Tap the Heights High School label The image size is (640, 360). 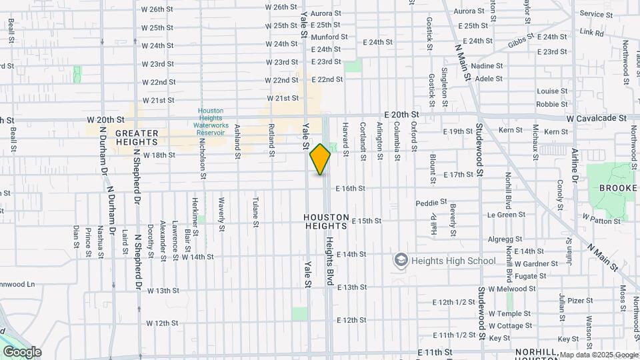[x=453, y=261]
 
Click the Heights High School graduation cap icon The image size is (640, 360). [x=401, y=259]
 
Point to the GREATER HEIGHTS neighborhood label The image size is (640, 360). [x=137, y=137]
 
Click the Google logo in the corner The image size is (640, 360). [x=22, y=351]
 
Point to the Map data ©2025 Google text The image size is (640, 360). [x=597, y=355]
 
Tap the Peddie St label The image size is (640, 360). [x=431, y=202]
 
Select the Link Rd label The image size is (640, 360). [x=591, y=32]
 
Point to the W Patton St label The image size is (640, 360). [x=597, y=217]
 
